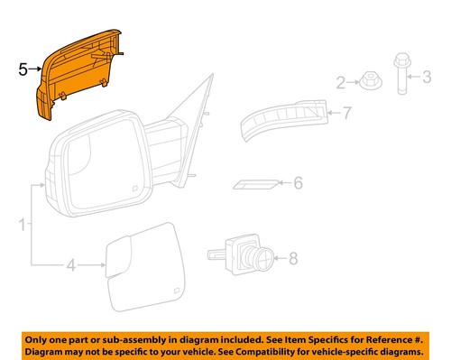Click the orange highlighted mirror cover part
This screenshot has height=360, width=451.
(x=81, y=77)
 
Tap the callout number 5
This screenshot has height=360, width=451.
(x=23, y=68)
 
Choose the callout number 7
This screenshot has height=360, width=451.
(x=344, y=113)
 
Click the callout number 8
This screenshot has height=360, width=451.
(x=291, y=259)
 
